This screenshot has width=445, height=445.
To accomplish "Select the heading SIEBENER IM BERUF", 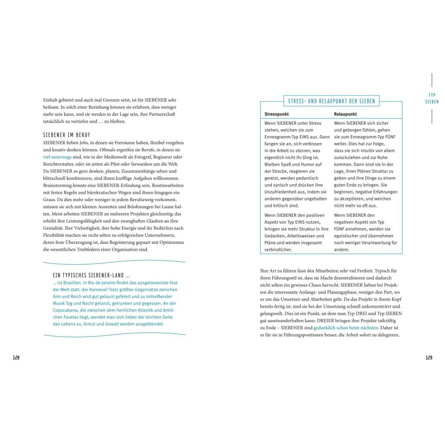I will pos(67,135).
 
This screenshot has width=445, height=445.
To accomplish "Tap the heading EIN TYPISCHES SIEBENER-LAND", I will pos(91,276).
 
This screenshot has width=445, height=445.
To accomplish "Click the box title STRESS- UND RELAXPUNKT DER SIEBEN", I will pos(331,101).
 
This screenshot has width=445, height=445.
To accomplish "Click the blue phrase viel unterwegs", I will pos(57,156).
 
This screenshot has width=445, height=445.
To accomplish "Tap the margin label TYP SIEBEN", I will pos(432,98).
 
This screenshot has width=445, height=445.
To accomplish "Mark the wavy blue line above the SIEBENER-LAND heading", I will pos(114,262).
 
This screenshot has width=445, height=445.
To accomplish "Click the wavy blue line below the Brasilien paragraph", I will pos(114,335).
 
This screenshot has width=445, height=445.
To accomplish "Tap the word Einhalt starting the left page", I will pos(50,100).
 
